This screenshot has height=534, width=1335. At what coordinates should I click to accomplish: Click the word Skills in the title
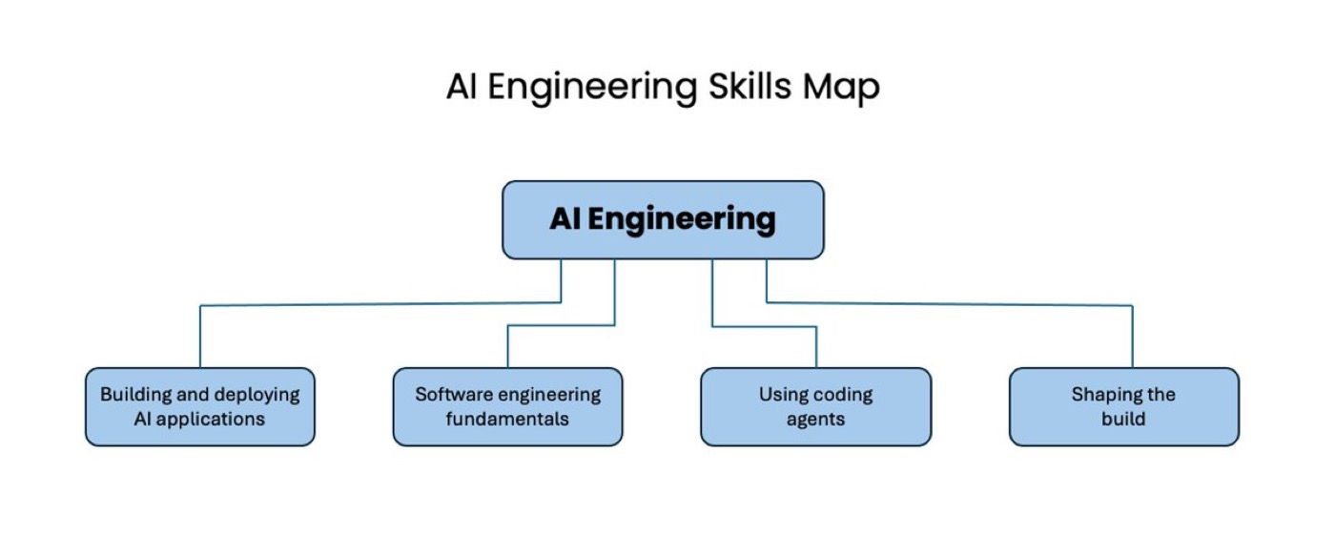pos(750,87)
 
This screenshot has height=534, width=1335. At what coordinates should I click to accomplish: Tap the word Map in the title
pos(841,88)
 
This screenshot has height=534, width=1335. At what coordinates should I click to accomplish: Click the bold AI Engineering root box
pos(663,220)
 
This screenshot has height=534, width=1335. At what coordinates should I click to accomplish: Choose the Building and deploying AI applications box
pos(199,406)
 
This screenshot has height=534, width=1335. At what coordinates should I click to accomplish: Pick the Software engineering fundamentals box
pos(507,406)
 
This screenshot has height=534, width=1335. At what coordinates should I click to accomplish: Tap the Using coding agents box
pos(815,406)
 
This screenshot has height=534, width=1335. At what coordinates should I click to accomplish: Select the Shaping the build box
pos(1123,406)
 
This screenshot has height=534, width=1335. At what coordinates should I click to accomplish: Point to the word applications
pos(211,420)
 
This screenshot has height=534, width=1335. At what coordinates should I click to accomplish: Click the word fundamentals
pos(507,419)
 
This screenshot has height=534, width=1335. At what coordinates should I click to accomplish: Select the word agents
pos(815,420)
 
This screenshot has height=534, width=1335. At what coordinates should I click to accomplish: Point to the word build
pos(1123,419)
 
